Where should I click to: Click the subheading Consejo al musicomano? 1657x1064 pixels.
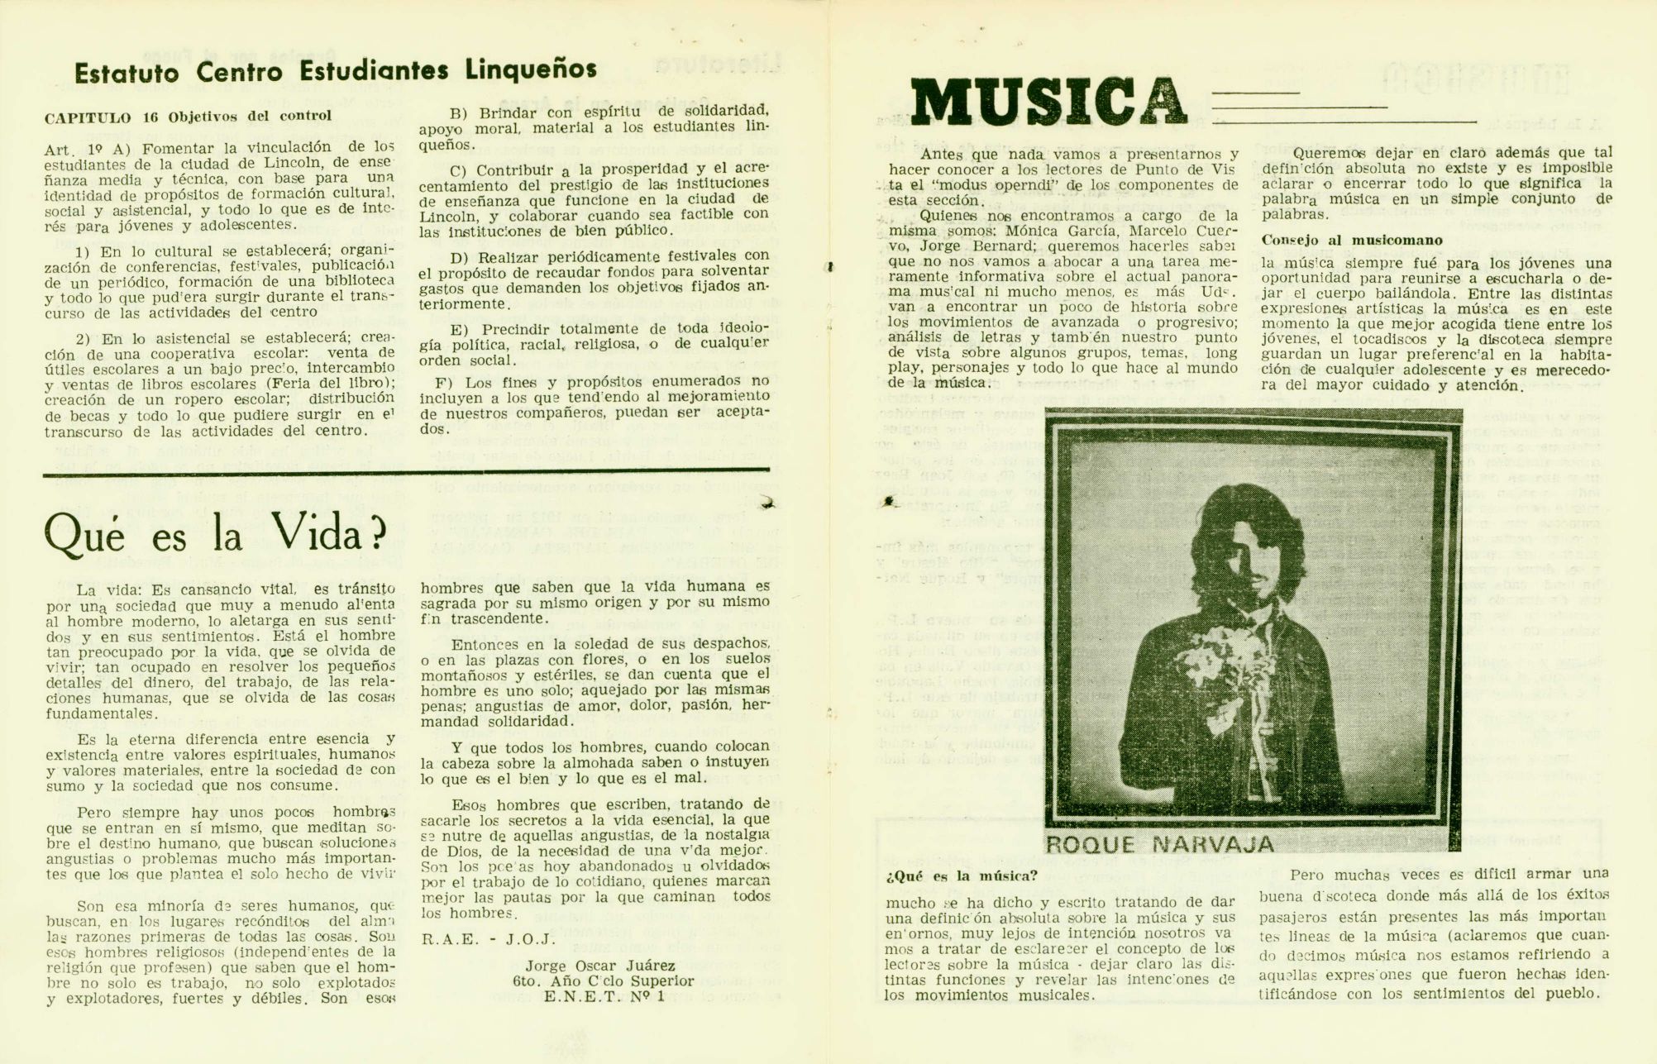1352,241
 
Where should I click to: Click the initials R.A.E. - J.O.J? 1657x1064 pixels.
489,939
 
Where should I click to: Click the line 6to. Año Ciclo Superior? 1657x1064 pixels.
603,981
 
